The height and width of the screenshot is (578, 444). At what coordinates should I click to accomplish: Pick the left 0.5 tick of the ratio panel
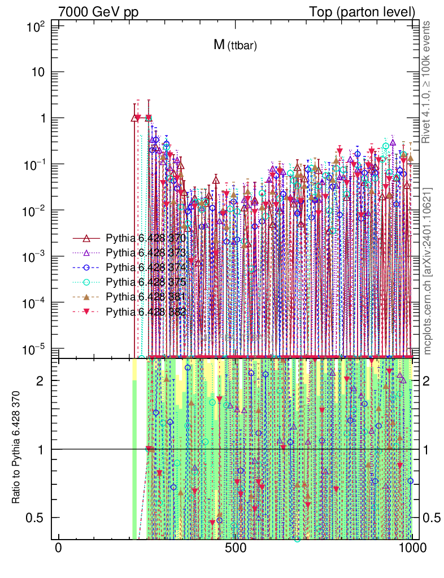click(x=39, y=518)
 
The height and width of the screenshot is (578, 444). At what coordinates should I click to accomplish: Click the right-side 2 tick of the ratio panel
click(x=432, y=381)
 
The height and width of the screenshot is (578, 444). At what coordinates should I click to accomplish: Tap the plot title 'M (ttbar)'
click(x=235, y=46)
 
